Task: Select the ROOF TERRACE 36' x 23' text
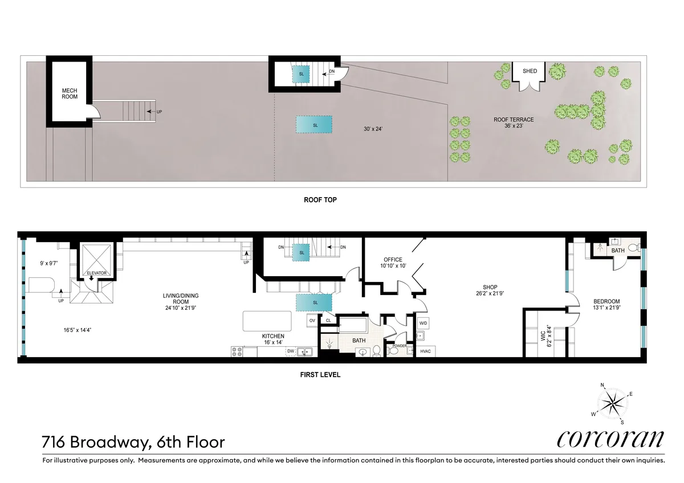pyautogui.click(x=514, y=122)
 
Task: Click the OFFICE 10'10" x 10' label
pyautogui.click(x=393, y=263)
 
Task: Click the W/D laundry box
pyautogui.click(x=424, y=324)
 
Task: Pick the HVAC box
pyautogui.click(x=426, y=350)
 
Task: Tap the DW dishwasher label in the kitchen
pyautogui.click(x=291, y=351)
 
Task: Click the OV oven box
pyautogui.click(x=312, y=321)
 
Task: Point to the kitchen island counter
pyautogui.click(x=267, y=321)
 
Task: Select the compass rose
pyautogui.click(x=613, y=403)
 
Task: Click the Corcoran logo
pyautogui.click(x=610, y=439)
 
